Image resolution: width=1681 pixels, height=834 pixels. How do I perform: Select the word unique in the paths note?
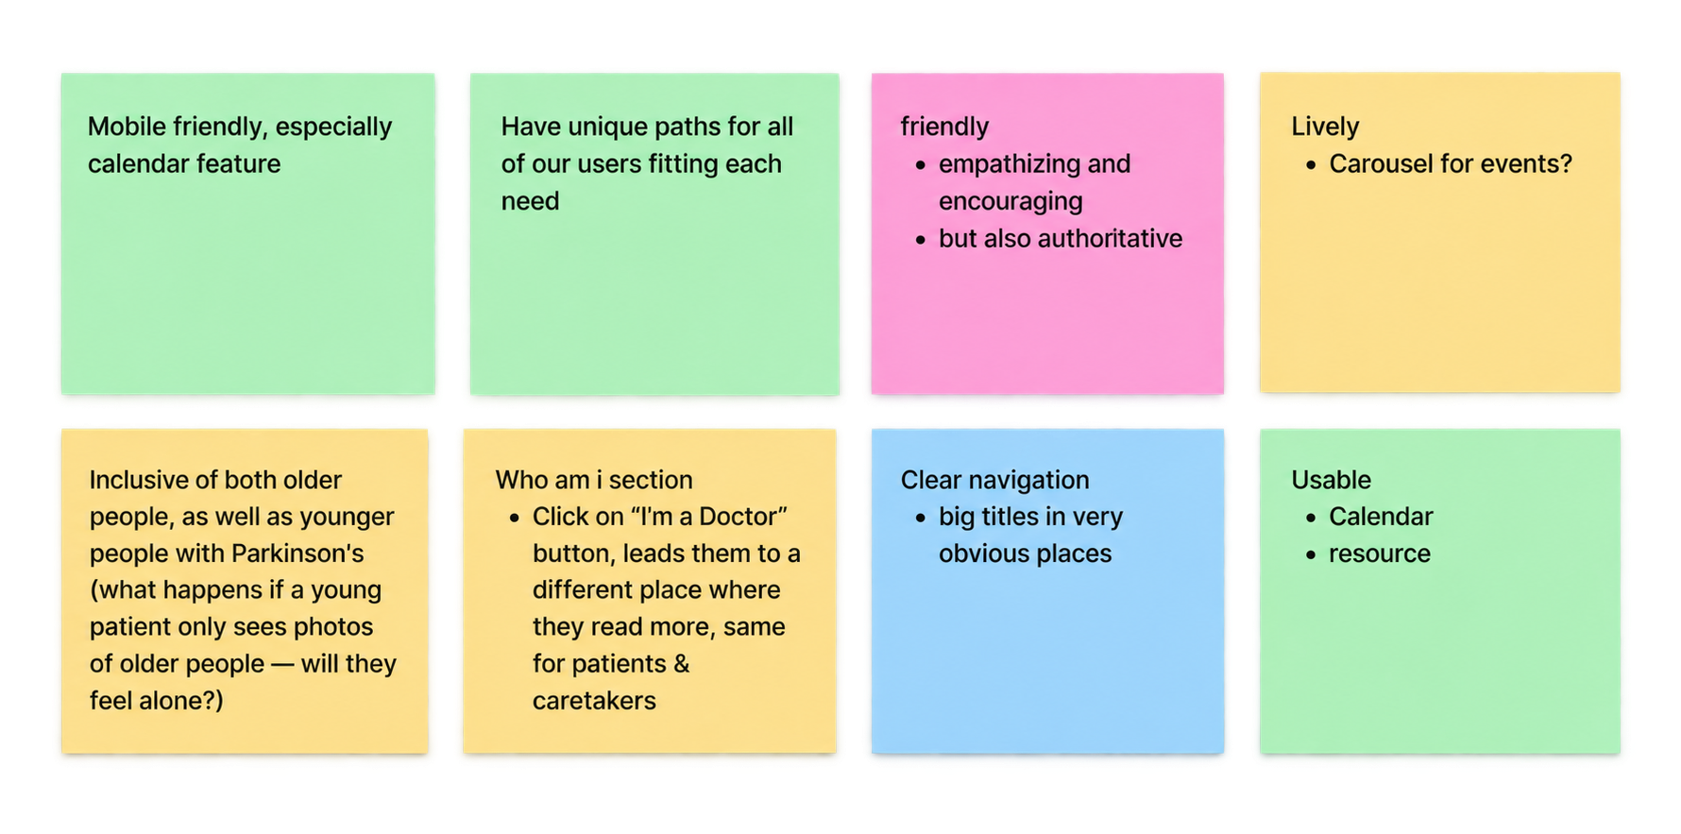coord(605,128)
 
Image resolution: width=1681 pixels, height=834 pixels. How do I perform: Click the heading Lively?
coord(1325,128)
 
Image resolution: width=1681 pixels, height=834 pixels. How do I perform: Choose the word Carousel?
coord(1377,164)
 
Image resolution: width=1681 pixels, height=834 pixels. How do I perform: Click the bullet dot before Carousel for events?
coord(1311,165)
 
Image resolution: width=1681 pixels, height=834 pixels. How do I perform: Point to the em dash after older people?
coord(282,665)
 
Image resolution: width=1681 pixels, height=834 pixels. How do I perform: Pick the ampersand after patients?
coord(681,664)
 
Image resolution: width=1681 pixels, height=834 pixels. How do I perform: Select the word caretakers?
coord(594,701)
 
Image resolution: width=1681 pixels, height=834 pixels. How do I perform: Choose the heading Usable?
coord(1331,480)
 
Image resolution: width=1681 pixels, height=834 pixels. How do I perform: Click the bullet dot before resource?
coord(1311,554)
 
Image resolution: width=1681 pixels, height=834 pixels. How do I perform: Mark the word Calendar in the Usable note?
coord(1381,517)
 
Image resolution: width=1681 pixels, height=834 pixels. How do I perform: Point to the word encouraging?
coord(1010,202)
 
